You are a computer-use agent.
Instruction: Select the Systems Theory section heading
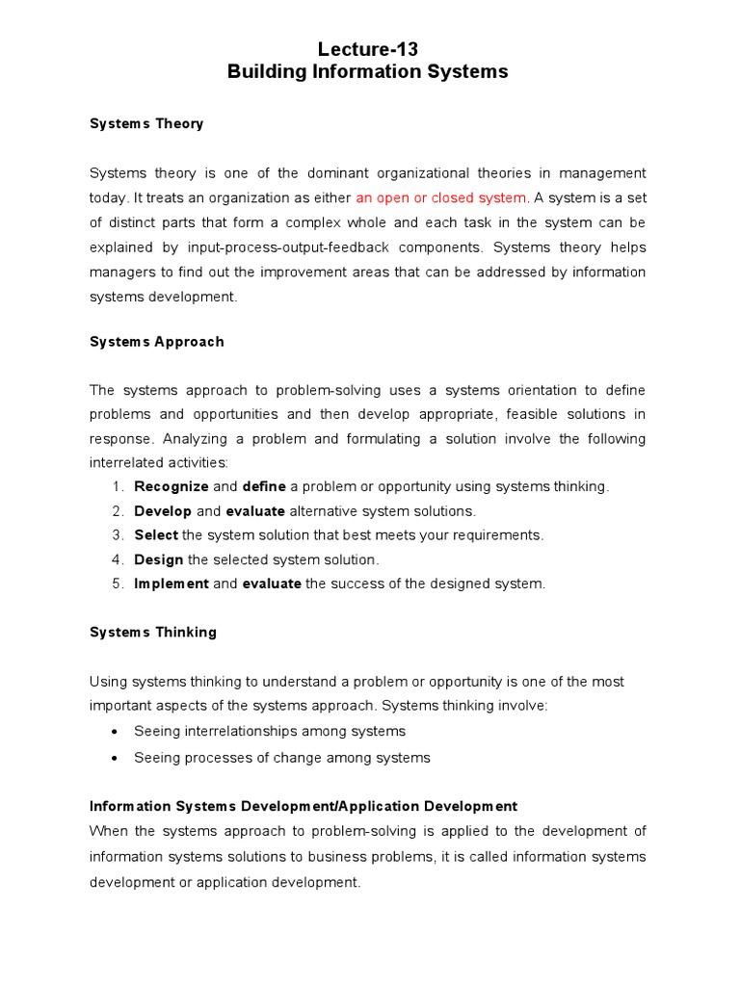point(146,124)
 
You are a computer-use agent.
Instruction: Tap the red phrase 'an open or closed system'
point(441,197)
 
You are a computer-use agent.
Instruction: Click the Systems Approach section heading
point(156,342)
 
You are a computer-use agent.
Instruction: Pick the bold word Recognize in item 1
point(171,486)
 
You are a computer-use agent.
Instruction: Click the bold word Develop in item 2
point(163,511)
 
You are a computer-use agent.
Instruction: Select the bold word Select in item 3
point(156,535)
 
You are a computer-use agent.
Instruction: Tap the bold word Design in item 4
point(158,559)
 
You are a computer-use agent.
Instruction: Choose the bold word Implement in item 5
point(171,584)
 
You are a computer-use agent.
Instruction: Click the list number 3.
point(117,535)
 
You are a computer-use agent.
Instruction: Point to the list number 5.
point(117,584)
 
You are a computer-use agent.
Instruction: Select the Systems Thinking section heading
point(153,633)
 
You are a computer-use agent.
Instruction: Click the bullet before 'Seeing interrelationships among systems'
point(117,732)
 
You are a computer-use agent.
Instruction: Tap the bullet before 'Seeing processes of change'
point(117,758)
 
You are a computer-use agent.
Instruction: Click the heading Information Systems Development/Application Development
point(304,806)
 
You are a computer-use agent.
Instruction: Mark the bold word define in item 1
point(263,486)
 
